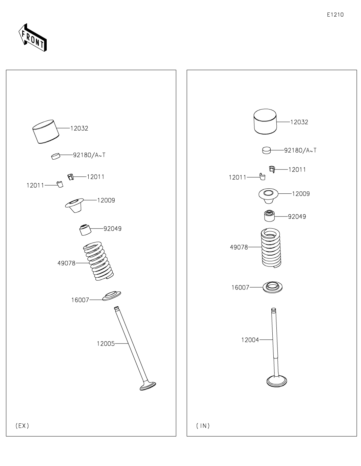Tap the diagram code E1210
pyautogui.click(x=335, y=15)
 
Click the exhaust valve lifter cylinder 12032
pyautogui.click(x=46, y=132)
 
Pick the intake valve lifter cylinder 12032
pyautogui.click(x=265, y=122)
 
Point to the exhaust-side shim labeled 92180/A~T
pyautogui.click(x=55, y=156)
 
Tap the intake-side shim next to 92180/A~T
pyautogui.click(x=266, y=150)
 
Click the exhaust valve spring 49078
pyautogui.click(x=98, y=261)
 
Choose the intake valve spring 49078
pyautogui.click(x=271, y=248)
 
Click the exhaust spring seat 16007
pyautogui.click(x=112, y=296)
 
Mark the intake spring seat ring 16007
pyautogui.click(x=273, y=287)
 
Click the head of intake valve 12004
pyautogui.click(x=277, y=381)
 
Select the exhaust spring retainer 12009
pyautogui.click(x=74, y=205)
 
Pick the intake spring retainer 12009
pyautogui.click(x=268, y=196)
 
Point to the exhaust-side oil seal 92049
pyautogui.click(x=85, y=230)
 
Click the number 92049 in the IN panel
pyautogui.click(x=297, y=216)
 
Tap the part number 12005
pyautogui.click(x=106, y=344)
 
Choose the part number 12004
pyautogui.click(x=250, y=340)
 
